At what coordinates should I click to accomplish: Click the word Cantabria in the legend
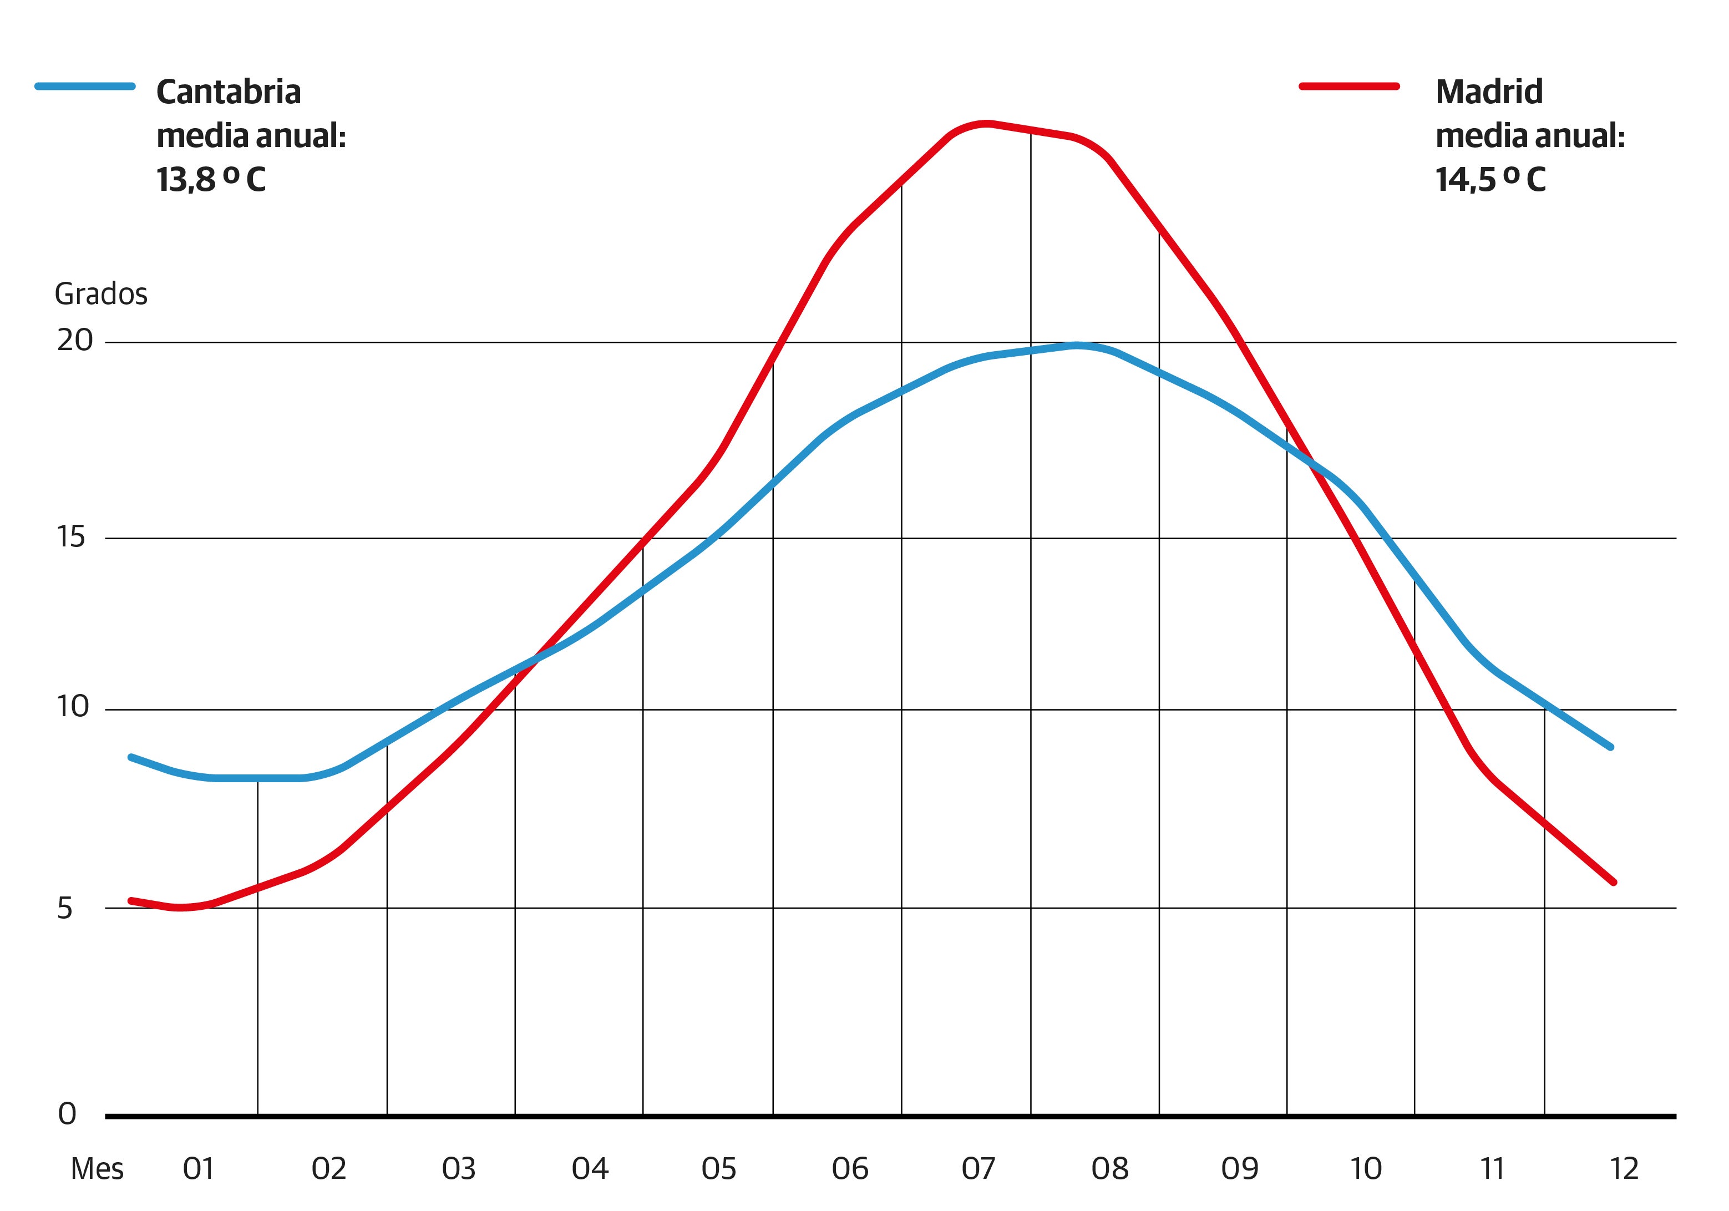click(228, 92)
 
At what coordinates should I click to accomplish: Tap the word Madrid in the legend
click(1489, 92)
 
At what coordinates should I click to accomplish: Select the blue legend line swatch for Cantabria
click(85, 86)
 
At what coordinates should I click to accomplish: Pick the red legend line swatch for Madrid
click(1348, 86)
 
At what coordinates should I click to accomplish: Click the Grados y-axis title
click(101, 293)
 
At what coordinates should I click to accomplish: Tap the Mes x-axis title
click(97, 1169)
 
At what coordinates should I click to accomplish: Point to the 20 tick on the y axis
click(74, 341)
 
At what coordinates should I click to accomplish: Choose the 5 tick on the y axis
click(65, 909)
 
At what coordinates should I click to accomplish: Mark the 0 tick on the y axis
click(67, 1114)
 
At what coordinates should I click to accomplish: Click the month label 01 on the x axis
click(199, 1169)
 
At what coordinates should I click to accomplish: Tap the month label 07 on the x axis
click(978, 1169)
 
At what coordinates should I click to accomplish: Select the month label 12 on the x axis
click(1624, 1169)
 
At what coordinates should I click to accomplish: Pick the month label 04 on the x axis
click(590, 1169)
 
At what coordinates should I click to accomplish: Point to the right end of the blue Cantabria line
click(1611, 747)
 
